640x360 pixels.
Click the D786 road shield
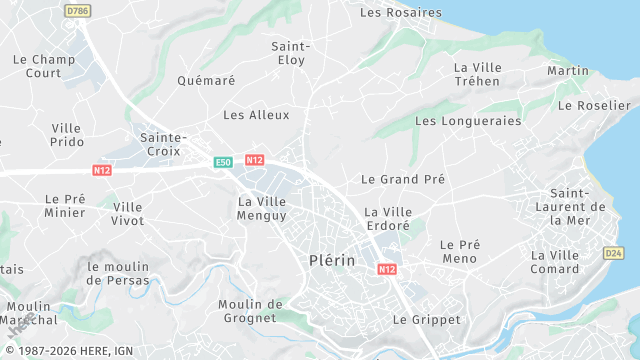77,10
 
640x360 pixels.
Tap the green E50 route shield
223,161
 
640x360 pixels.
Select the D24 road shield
614,254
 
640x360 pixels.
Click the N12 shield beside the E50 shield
254,160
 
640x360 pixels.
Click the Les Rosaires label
400,13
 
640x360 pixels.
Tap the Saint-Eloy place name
291,53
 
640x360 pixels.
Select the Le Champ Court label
44,66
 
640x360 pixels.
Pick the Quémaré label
205,81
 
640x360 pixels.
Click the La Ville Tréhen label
476,75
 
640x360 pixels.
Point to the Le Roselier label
594,105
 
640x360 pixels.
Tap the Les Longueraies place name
468,121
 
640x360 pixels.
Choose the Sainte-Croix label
164,144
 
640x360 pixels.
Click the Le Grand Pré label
403,180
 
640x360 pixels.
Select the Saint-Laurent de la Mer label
578,206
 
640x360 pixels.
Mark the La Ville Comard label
555,262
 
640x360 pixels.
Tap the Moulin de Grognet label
250,311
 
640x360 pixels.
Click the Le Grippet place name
427,320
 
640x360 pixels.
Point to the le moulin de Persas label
118,273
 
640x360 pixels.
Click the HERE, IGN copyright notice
74,351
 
